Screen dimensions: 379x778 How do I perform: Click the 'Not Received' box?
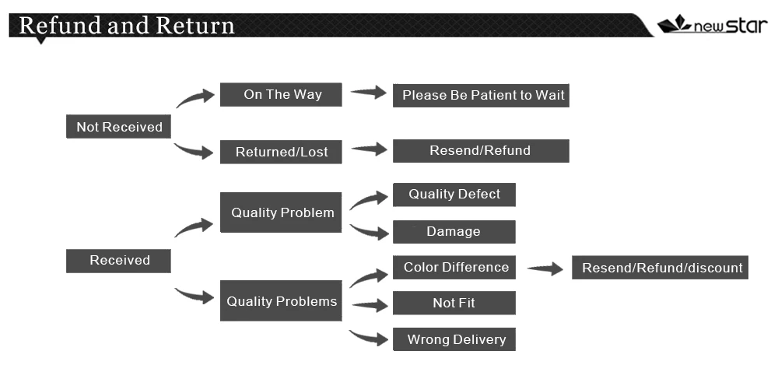[x=118, y=127]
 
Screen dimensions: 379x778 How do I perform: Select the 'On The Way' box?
[x=282, y=95]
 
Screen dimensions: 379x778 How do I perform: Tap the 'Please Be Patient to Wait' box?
[x=480, y=96]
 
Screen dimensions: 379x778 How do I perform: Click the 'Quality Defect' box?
[x=454, y=195]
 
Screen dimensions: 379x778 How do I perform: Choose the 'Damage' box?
[x=454, y=232]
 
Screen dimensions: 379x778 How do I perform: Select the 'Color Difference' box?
[x=454, y=268]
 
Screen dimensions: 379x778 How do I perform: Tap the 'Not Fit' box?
[x=454, y=303]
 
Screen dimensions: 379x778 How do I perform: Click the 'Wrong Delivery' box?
[x=454, y=339]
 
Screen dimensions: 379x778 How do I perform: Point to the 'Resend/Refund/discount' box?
[x=660, y=268]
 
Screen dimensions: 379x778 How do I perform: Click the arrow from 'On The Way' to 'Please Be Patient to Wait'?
[x=369, y=93]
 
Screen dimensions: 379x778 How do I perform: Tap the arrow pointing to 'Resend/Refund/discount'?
[x=545, y=269]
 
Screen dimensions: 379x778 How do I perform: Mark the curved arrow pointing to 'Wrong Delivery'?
[x=369, y=338]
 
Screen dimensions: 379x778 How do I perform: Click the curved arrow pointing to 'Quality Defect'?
[x=369, y=200]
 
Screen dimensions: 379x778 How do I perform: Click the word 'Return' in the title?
[x=194, y=25]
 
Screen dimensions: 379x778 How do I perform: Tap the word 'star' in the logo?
[x=746, y=25]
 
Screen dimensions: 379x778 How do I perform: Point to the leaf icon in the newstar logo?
[x=675, y=24]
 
